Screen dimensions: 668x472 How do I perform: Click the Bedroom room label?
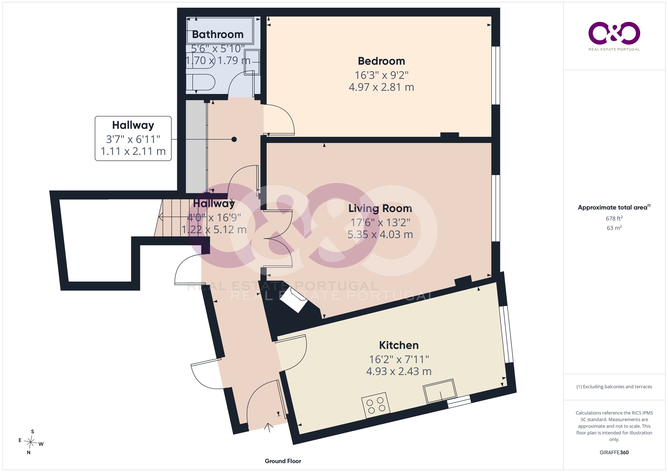click(381, 61)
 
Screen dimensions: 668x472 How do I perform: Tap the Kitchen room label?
click(399, 345)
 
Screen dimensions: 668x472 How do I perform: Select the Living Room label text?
click(380, 209)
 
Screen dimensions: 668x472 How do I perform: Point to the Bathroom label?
click(218, 34)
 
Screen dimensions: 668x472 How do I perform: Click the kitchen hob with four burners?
click(375, 405)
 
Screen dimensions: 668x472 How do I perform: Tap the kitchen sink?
click(440, 391)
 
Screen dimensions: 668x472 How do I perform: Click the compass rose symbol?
click(31, 442)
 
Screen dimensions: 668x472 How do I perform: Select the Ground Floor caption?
click(283, 461)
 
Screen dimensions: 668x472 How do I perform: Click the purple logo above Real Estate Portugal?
click(614, 33)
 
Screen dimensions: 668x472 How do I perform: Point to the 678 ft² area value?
click(614, 218)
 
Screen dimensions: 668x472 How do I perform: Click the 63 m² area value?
click(614, 228)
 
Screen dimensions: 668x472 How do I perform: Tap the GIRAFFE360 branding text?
click(614, 452)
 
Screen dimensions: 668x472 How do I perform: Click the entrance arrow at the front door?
click(268, 427)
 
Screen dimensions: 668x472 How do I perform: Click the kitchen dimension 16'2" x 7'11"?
click(399, 359)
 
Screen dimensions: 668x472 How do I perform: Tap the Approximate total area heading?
click(614, 207)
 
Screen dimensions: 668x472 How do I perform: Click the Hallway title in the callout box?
click(133, 125)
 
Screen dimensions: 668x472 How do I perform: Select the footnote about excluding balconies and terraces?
click(614, 387)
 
